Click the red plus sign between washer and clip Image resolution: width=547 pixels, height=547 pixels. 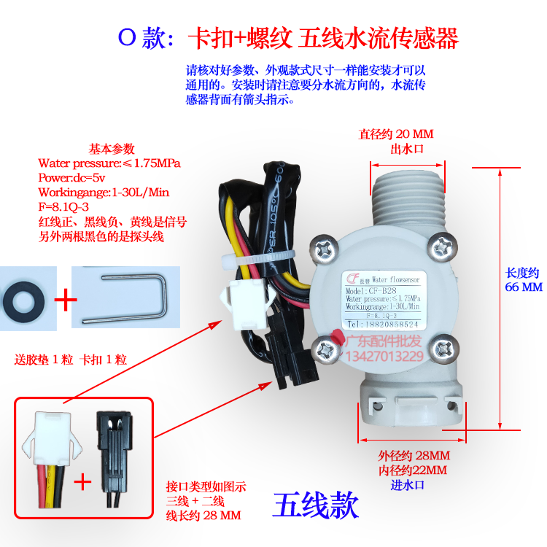click(x=66, y=298)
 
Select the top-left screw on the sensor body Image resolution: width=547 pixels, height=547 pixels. click(x=319, y=247)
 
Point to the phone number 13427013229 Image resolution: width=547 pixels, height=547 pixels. click(x=385, y=356)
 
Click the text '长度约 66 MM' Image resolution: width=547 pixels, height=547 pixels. click(x=524, y=279)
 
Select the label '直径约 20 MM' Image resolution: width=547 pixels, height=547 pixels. click(x=395, y=134)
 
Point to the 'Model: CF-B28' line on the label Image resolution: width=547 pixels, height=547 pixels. click(x=372, y=290)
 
